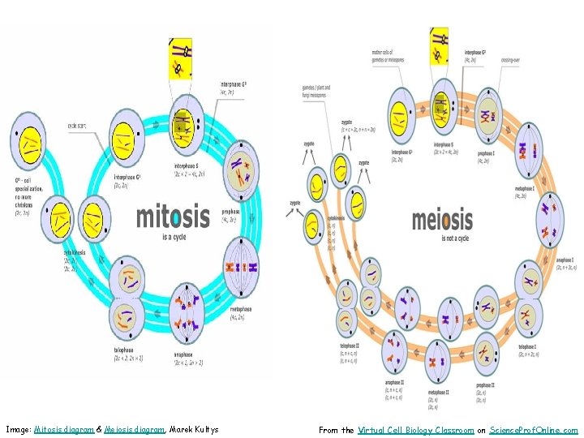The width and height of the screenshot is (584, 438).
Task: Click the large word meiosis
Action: (x=442, y=219)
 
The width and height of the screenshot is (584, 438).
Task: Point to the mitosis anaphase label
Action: (x=182, y=354)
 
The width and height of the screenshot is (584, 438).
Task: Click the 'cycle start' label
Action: (x=78, y=125)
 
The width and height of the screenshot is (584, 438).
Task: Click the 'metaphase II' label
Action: (x=440, y=391)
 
